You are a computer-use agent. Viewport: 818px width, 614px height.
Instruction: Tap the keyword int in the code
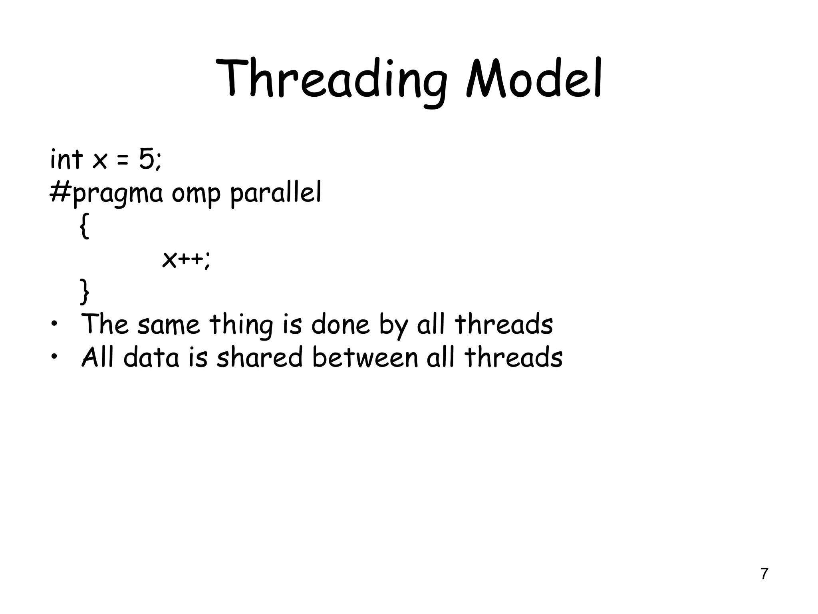66,159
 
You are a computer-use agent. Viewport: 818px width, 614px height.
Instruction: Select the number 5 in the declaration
146,159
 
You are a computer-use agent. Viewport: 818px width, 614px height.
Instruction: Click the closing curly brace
84,292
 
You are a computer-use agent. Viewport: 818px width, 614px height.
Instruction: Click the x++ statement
185,260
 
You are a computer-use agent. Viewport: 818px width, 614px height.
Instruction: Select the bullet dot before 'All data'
54,357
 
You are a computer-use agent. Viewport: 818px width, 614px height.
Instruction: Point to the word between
365,357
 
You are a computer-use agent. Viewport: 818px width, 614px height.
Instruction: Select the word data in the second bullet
152,357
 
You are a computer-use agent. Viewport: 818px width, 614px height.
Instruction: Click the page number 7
764,574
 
